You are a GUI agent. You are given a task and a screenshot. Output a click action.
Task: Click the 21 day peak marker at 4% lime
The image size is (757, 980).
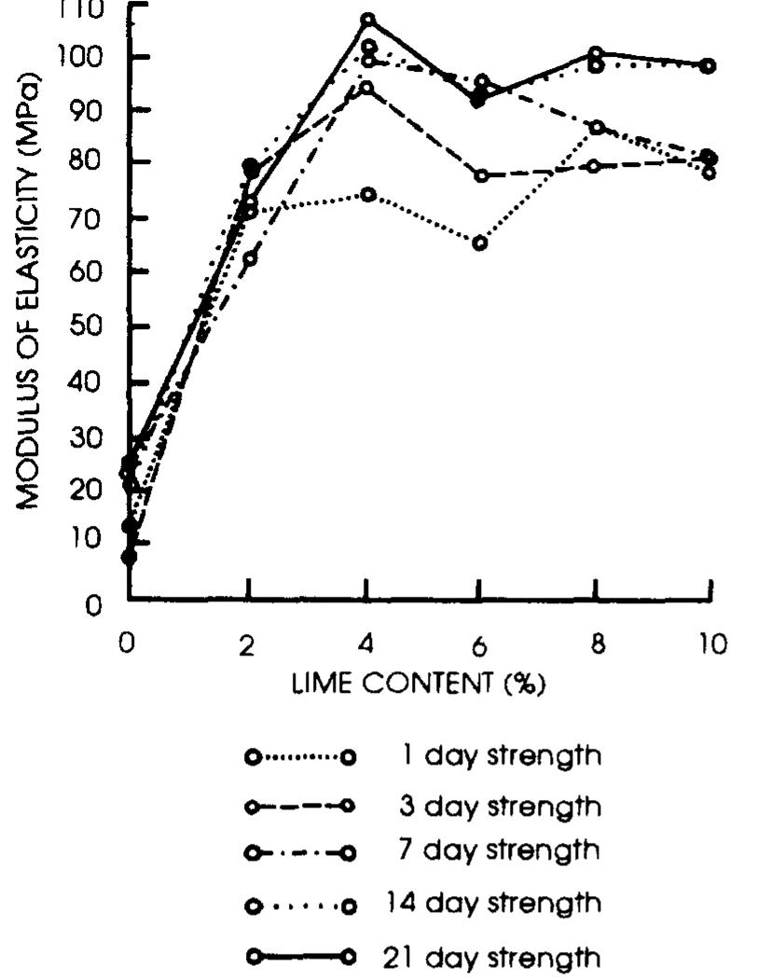[367, 20]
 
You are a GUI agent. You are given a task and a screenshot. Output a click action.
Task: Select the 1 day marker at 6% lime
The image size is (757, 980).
[479, 243]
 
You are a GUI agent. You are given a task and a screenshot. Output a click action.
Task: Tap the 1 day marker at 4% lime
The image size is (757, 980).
[368, 195]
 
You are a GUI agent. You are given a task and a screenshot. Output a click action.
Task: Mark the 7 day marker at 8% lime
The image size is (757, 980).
[597, 127]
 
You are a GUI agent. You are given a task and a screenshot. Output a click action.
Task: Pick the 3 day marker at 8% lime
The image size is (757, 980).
[597, 166]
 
